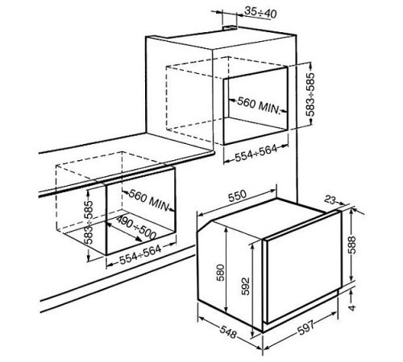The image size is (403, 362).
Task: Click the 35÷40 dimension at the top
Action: click(260, 12)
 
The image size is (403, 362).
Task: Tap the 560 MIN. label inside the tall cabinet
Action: click(259, 105)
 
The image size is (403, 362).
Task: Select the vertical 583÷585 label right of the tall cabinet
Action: click(310, 94)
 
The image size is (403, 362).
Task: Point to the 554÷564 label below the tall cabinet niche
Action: click(256, 154)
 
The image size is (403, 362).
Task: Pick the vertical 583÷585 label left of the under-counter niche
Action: click(89, 223)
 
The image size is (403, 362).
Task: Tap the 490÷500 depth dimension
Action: click(136, 227)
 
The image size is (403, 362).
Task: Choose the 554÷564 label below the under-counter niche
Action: click(140, 254)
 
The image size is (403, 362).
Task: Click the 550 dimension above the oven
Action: click(237, 195)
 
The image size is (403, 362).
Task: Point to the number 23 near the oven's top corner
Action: click(330, 200)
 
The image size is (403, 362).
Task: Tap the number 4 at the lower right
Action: click(352, 306)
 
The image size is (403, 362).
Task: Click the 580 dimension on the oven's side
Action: click(221, 273)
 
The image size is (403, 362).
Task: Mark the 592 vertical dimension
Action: click(245, 286)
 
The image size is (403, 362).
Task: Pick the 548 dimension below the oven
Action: click(228, 331)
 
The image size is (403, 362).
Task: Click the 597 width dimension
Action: click(305, 327)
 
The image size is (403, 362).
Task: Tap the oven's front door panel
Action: click(304, 267)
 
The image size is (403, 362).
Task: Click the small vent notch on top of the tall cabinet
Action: click(230, 27)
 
